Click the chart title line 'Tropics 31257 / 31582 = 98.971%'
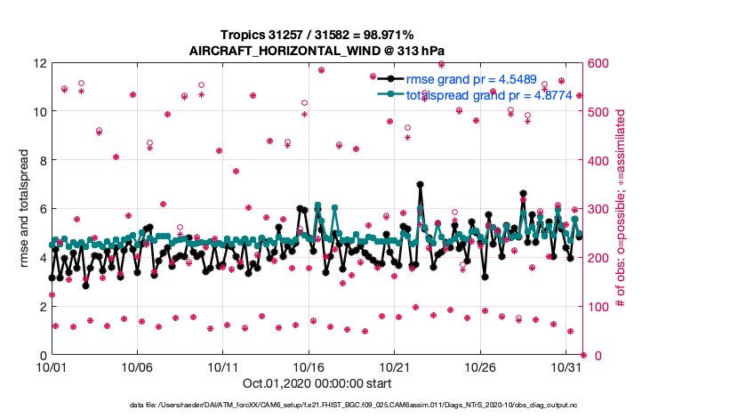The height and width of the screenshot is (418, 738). pyautogui.click(x=306, y=35)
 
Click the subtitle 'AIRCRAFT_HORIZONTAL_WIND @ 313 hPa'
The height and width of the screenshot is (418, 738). pyautogui.click(x=306, y=51)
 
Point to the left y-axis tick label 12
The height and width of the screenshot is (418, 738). pyautogui.click(x=40, y=63)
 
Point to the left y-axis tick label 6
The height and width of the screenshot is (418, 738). pyautogui.click(x=44, y=209)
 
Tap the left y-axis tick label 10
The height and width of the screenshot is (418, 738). pyautogui.click(x=40, y=112)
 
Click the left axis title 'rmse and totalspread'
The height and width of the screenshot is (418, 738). pyautogui.click(x=19, y=209)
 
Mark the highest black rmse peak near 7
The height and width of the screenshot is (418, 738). pyautogui.click(x=420, y=185)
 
